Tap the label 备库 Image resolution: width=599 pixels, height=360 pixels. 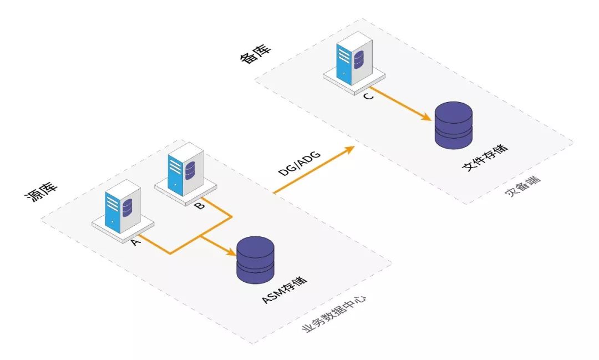click(255, 55)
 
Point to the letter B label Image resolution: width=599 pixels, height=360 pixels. click(200, 206)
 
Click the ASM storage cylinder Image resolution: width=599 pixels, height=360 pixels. click(256, 259)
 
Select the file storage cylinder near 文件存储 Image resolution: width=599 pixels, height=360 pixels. click(453, 125)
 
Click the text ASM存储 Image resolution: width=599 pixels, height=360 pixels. click(285, 292)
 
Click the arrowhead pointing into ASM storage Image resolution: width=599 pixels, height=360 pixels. click(231, 253)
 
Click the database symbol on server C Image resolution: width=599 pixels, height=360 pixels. click(359, 57)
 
